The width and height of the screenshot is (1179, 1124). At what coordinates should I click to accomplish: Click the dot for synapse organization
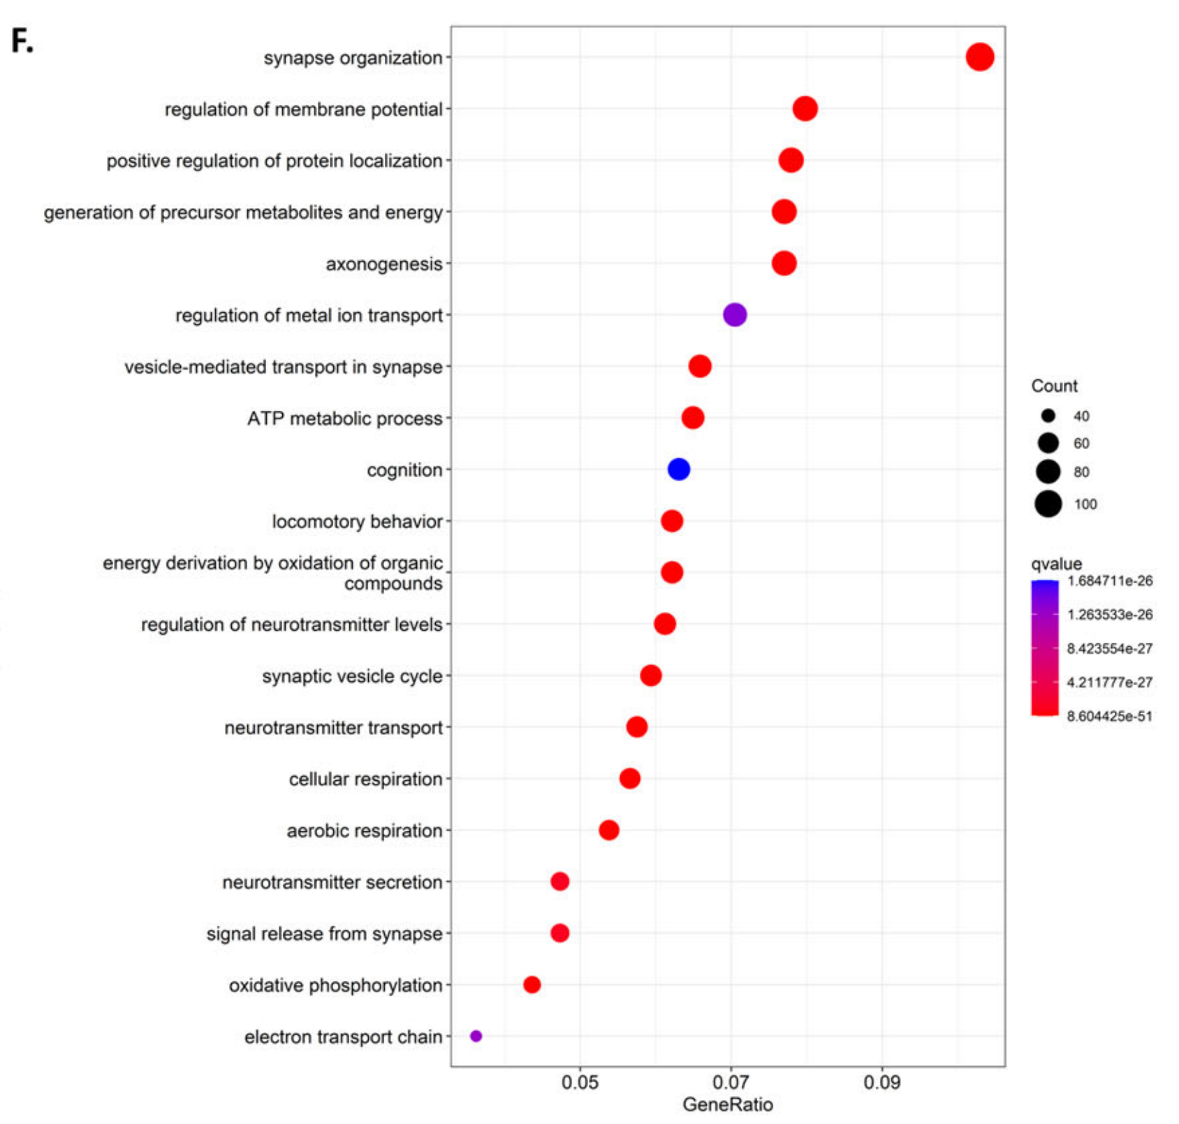coord(979,57)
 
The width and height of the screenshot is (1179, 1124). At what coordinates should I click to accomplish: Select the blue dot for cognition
coord(678,469)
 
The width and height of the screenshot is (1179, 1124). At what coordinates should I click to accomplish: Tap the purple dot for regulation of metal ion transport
coord(734,315)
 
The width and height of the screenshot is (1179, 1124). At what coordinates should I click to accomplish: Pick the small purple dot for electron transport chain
coord(476,1036)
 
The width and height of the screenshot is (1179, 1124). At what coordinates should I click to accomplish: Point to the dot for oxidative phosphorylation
coord(532,984)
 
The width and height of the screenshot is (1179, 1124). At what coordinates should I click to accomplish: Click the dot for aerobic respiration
coord(608,830)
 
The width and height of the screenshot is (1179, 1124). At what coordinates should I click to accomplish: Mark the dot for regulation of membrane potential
coord(805,109)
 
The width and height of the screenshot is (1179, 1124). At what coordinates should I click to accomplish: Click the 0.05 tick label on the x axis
coord(580,1082)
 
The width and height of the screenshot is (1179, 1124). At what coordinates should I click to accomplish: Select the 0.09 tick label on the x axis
coord(881,1082)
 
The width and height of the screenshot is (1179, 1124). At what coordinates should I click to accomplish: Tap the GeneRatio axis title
coord(727,1104)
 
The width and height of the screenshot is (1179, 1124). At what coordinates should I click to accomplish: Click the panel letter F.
coord(22,42)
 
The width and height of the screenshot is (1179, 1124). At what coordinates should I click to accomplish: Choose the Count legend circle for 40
coord(1048,416)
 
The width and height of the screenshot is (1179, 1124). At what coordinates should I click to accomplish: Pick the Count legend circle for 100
coord(1048,504)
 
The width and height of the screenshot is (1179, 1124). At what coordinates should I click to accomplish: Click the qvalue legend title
coord(1056,564)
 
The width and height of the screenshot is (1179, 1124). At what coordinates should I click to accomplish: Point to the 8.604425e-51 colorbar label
coord(1109,716)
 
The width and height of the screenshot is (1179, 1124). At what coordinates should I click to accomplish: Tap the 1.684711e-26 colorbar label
coord(1110,581)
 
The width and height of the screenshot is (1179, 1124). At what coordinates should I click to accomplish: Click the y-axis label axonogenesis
coord(383,264)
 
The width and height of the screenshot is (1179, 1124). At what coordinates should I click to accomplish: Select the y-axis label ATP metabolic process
coord(344,418)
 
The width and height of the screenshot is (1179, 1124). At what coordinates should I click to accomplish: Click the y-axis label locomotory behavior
coord(357,522)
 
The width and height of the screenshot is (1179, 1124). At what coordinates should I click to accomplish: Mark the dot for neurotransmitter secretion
coord(559,882)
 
